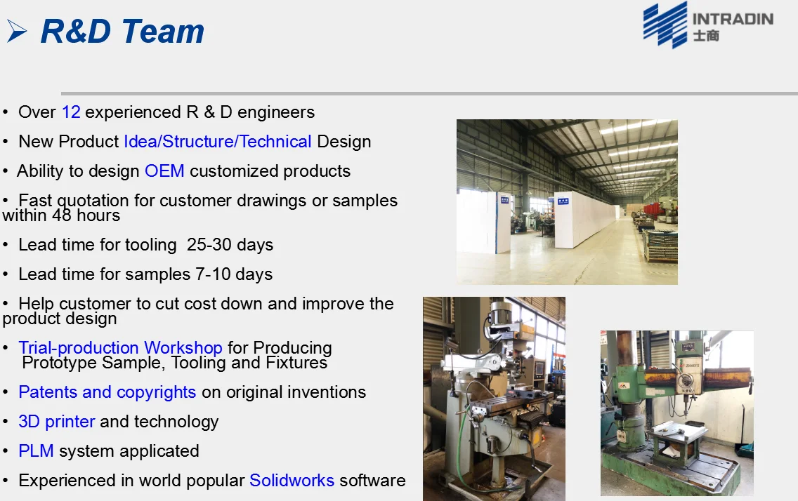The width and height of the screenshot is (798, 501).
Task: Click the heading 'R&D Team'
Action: [122, 32]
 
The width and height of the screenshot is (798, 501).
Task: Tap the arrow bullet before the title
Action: [17, 32]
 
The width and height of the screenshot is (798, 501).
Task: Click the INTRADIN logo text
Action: [733, 20]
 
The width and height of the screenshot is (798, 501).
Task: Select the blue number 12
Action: [71, 112]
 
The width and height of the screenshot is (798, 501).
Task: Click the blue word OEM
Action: [164, 171]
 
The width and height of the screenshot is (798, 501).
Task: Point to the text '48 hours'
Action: [86, 215]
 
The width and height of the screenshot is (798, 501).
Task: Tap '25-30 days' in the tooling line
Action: [230, 245]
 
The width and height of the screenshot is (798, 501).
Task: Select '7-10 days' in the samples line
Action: [234, 274]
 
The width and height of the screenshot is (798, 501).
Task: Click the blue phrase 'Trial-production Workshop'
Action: [120, 347]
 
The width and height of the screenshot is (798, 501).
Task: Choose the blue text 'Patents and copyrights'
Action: [107, 392]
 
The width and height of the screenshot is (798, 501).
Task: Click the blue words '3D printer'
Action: [56, 422]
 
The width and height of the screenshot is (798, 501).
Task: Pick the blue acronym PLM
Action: [36, 450]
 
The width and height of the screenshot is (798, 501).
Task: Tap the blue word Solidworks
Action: [292, 480]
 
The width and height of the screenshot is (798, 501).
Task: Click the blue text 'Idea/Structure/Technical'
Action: [217, 141]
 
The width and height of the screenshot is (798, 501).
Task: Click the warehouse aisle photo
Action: [567, 201]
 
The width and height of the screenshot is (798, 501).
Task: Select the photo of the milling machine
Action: [494, 399]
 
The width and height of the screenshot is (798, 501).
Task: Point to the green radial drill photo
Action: [677, 413]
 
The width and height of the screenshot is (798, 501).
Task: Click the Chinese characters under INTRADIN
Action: [706, 36]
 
